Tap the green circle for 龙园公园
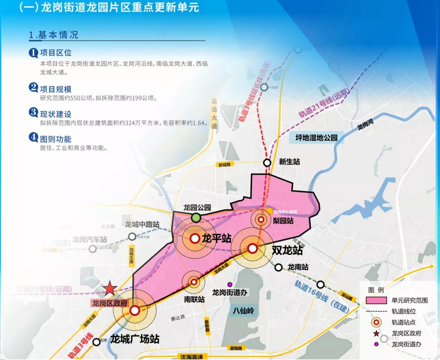(x=196, y=218)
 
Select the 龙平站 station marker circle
(x=195, y=239)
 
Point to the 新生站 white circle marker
(x=267, y=163)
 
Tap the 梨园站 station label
(x=284, y=221)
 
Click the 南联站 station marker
(x=194, y=281)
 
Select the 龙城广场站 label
(x=135, y=339)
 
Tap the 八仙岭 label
(x=244, y=311)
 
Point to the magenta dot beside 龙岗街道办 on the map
(x=230, y=284)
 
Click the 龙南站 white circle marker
(x=278, y=267)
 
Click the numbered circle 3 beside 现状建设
(x=33, y=113)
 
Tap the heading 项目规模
(x=56, y=88)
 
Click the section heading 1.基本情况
(x=53, y=35)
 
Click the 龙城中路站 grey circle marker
(x=132, y=236)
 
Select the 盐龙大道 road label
(x=214, y=113)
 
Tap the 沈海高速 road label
(x=191, y=356)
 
